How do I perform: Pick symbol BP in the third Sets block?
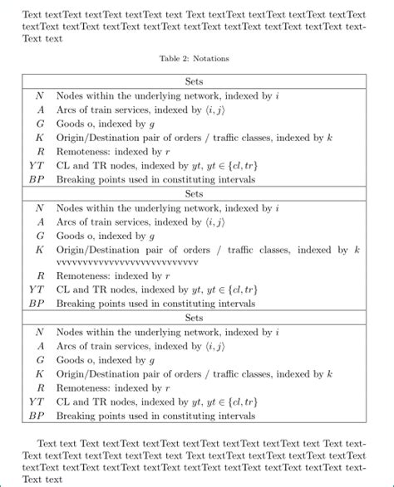pyautogui.click(x=37, y=416)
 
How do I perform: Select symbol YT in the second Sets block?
pyautogui.click(x=37, y=289)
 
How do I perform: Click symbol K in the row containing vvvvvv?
pyautogui.click(x=39, y=250)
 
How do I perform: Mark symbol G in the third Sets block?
pyautogui.click(x=39, y=360)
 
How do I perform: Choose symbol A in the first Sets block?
pyautogui.click(x=39, y=110)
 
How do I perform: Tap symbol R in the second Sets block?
pyautogui.click(x=39, y=275)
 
